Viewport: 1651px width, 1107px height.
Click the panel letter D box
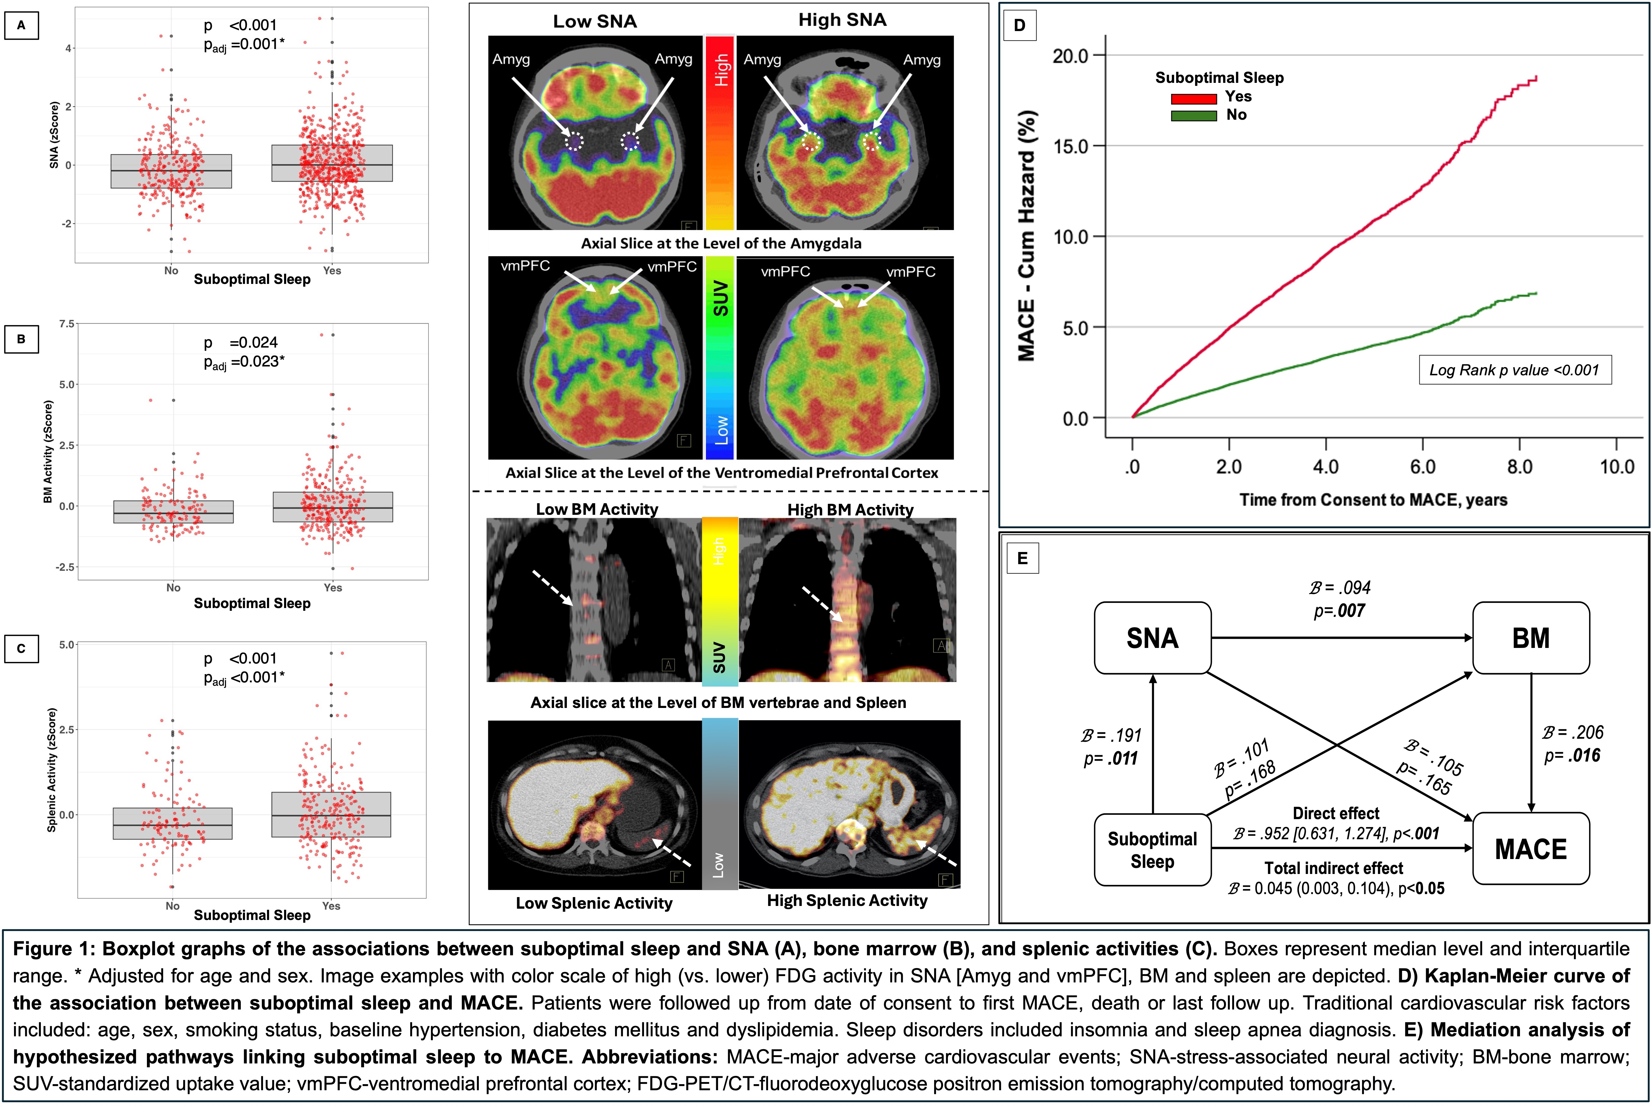pos(1019,25)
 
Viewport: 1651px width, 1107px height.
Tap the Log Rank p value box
pos(1515,370)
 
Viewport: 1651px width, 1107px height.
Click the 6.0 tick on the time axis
pos(1422,467)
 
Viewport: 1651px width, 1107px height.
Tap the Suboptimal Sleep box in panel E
pos(1152,850)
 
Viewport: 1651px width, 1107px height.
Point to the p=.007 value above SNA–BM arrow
pos(1339,611)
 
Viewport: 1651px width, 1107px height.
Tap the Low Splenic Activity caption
pos(594,903)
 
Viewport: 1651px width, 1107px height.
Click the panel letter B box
pos(21,339)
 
